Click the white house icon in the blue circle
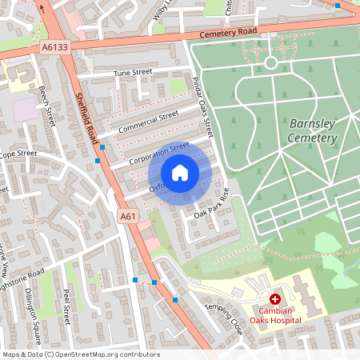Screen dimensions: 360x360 [180, 173]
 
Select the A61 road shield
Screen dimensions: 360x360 [127, 217]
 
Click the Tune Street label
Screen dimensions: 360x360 [133, 73]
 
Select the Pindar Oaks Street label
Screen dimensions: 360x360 [203, 106]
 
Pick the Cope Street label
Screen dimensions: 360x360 [18, 154]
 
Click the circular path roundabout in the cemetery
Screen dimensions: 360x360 [270, 62]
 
